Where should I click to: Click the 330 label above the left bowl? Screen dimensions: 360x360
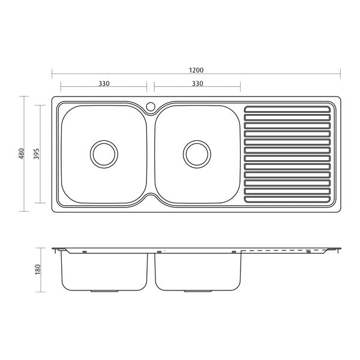104,83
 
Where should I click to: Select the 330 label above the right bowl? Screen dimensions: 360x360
197,83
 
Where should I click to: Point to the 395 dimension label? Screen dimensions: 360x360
37,154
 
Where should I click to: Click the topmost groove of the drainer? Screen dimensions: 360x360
287,109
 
